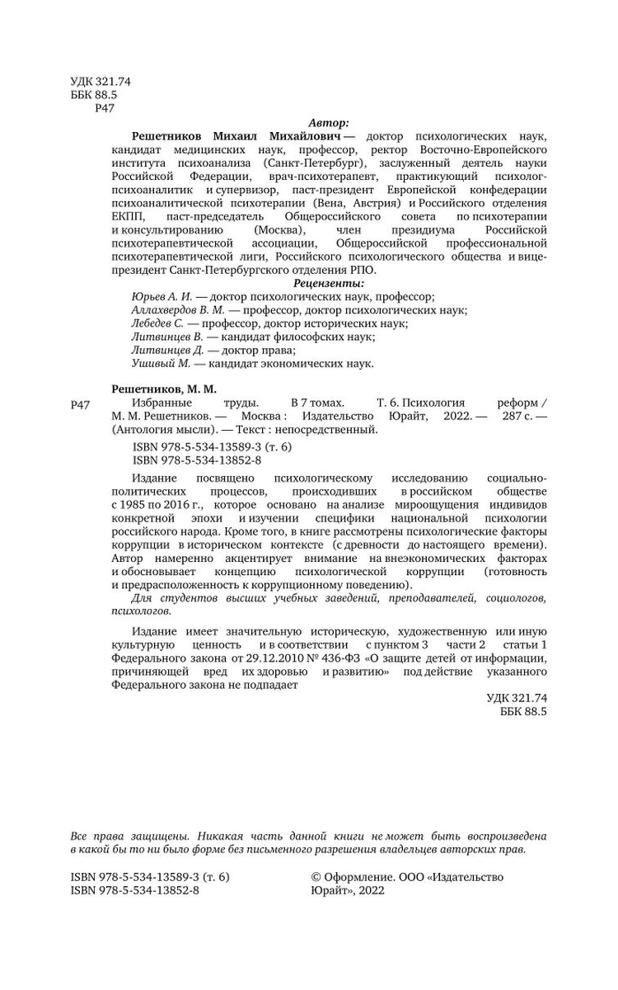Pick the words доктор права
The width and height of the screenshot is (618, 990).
point(240,349)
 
